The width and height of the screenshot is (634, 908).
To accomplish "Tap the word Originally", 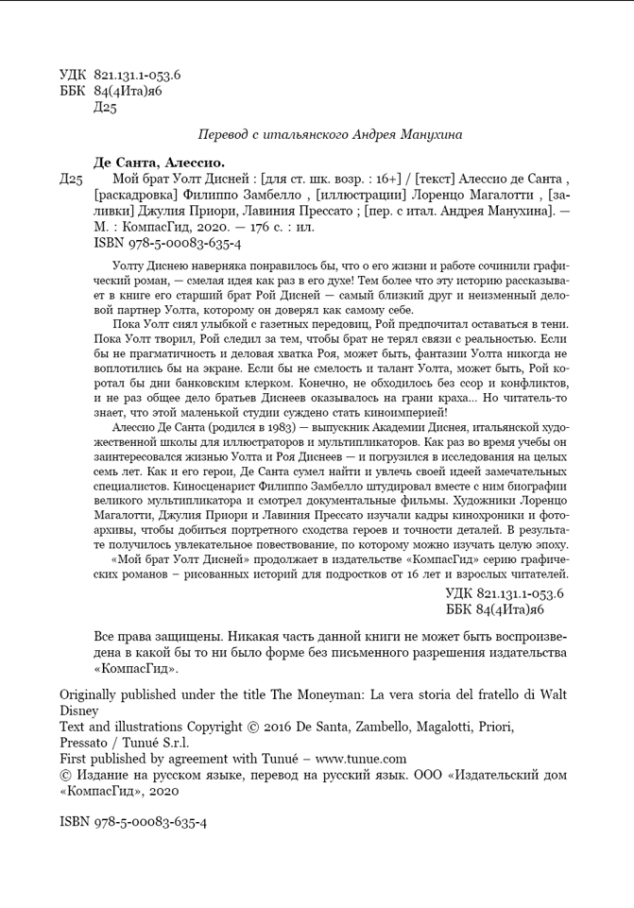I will (x=93, y=694).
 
